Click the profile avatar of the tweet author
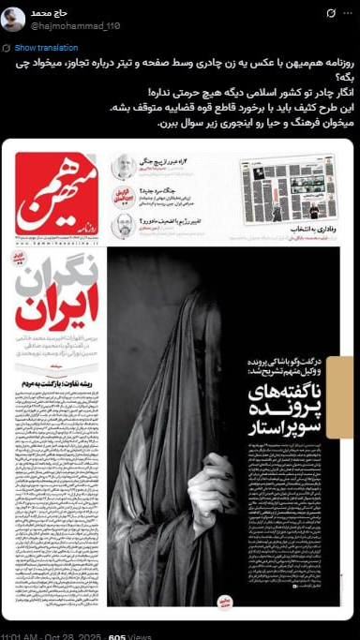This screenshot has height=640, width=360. tap(13, 20)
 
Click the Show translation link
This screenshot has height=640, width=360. tap(38, 47)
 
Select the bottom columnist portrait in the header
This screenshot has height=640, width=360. tap(123, 224)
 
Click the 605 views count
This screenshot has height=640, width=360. tap(117, 635)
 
